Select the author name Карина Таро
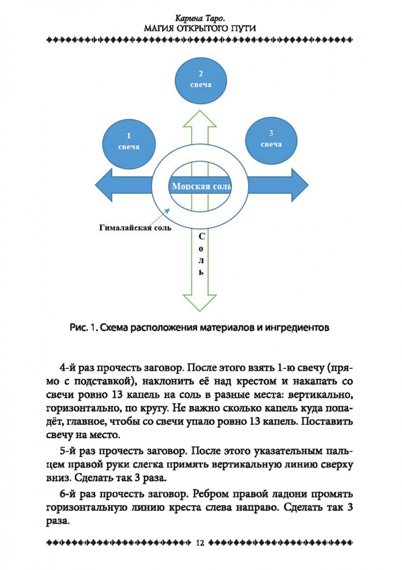200,17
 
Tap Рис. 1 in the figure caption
81,328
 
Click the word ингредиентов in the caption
300,328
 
